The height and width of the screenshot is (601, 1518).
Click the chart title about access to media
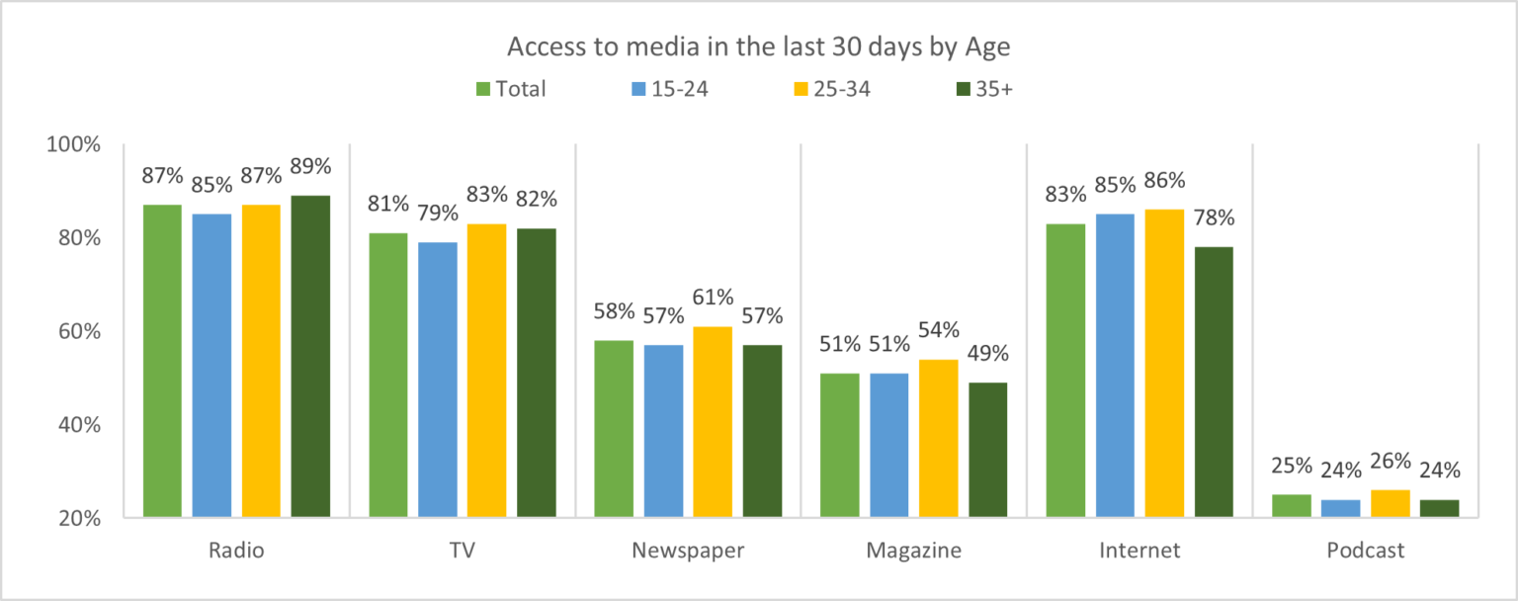pyautogui.click(x=759, y=47)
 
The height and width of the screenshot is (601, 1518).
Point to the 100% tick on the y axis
pyautogui.click(x=74, y=144)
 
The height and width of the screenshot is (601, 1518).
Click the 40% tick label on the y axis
pyautogui.click(x=76, y=425)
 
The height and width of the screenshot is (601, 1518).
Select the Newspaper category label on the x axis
pyautogui.click(x=687, y=551)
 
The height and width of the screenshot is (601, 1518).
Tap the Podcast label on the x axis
pyautogui.click(x=1365, y=551)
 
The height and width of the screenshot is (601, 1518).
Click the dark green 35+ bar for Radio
pyautogui.click(x=310, y=356)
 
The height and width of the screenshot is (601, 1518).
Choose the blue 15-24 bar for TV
pyautogui.click(x=437, y=379)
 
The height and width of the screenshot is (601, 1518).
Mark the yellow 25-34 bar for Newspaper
pyautogui.click(x=713, y=421)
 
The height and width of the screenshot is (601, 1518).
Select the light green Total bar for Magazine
pyautogui.click(x=840, y=445)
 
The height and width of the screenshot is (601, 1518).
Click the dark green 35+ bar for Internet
pyautogui.click(x=1214, y=382)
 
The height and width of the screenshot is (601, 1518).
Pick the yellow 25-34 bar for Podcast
pyautogui.click(x=1390, y=503)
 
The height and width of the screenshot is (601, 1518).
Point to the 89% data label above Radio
pyautogui.click(x=310, y=165)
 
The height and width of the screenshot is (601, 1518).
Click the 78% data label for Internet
pyautogui.click(x=1214, y=217)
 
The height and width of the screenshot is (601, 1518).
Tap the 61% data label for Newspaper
pyautogui.click(x=713, y=298)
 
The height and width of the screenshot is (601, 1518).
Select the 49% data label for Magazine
pyautogui.click(x=987, y=354)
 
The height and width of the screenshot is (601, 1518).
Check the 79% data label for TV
pyautogui.click(x=437, y=213)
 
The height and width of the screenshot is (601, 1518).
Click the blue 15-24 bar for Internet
pyautogui.click(x=1115, y=365)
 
